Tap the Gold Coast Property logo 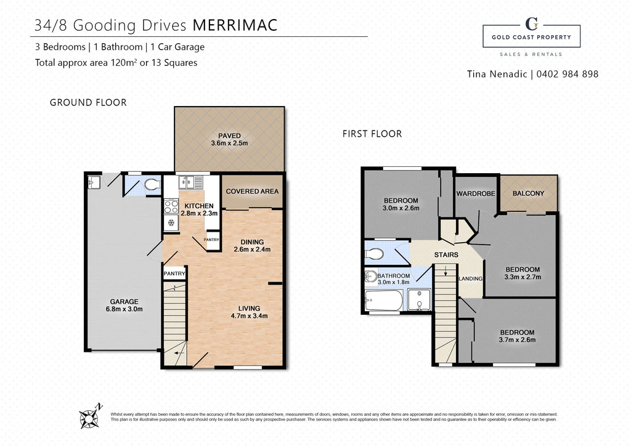531,37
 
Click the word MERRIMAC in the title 235,25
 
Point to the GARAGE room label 124,306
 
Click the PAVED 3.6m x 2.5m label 229,139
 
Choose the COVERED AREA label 252,192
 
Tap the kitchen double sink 190,182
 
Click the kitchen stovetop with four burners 171,207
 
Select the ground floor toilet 152,185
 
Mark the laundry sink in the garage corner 93,182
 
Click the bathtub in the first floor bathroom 383,301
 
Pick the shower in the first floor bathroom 419,300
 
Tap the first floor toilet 374,254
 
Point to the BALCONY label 528,193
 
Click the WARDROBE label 476,194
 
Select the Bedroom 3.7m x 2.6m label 517,336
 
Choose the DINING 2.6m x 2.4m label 252,246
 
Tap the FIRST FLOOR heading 372,134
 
